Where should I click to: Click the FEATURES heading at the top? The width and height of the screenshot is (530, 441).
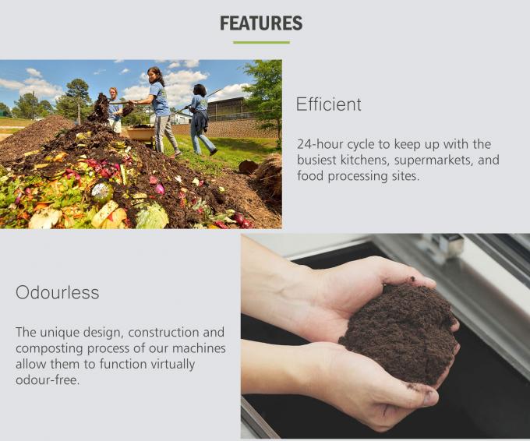point(261,23)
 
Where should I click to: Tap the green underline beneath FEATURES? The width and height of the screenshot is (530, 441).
point(261,42)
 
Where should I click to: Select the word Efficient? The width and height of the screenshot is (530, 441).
point(328,104)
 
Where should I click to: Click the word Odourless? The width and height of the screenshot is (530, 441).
point(58,293)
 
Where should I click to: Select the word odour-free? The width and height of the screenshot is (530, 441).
point(46,379)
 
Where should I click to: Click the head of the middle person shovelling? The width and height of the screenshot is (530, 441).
point(154,74)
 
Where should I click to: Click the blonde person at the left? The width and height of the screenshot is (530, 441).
point(115,109)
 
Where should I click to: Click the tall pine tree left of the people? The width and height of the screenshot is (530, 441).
point(78,97)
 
